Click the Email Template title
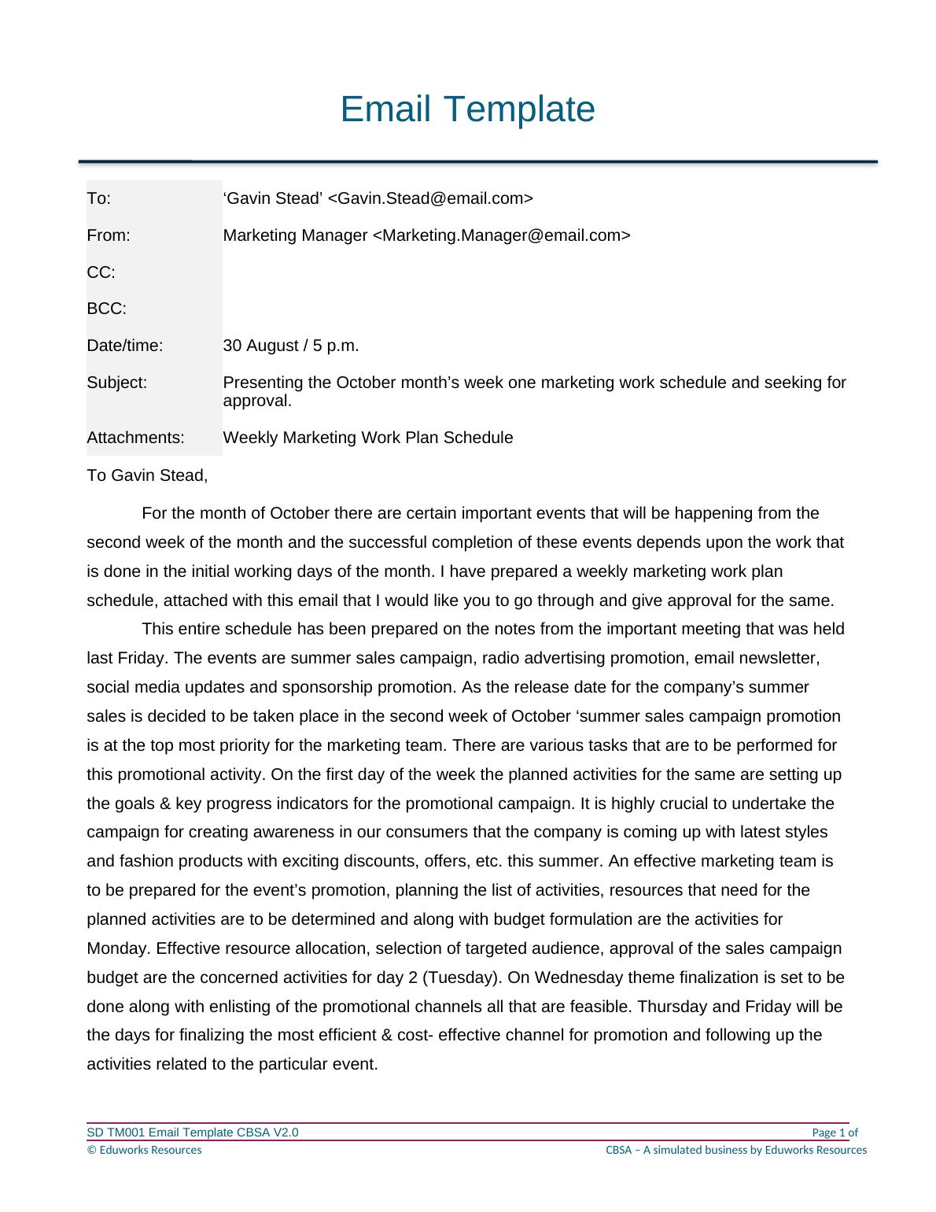pos(467,109)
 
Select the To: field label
pos(98,198)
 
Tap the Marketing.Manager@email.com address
pos(500,235)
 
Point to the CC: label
pos(101,272)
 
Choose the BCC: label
pos(106,309)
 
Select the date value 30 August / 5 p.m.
pos(291,345)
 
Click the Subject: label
pos(116,382)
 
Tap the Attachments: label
pos(135,438)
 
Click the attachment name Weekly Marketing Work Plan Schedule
pos(367,438)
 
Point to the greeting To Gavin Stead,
pos(147,475)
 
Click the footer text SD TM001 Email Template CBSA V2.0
pos(192,1133)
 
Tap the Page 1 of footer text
pos(834,1133)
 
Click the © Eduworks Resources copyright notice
pos(144,1150)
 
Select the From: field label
pos(108,235)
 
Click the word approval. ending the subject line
pos(257,401)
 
